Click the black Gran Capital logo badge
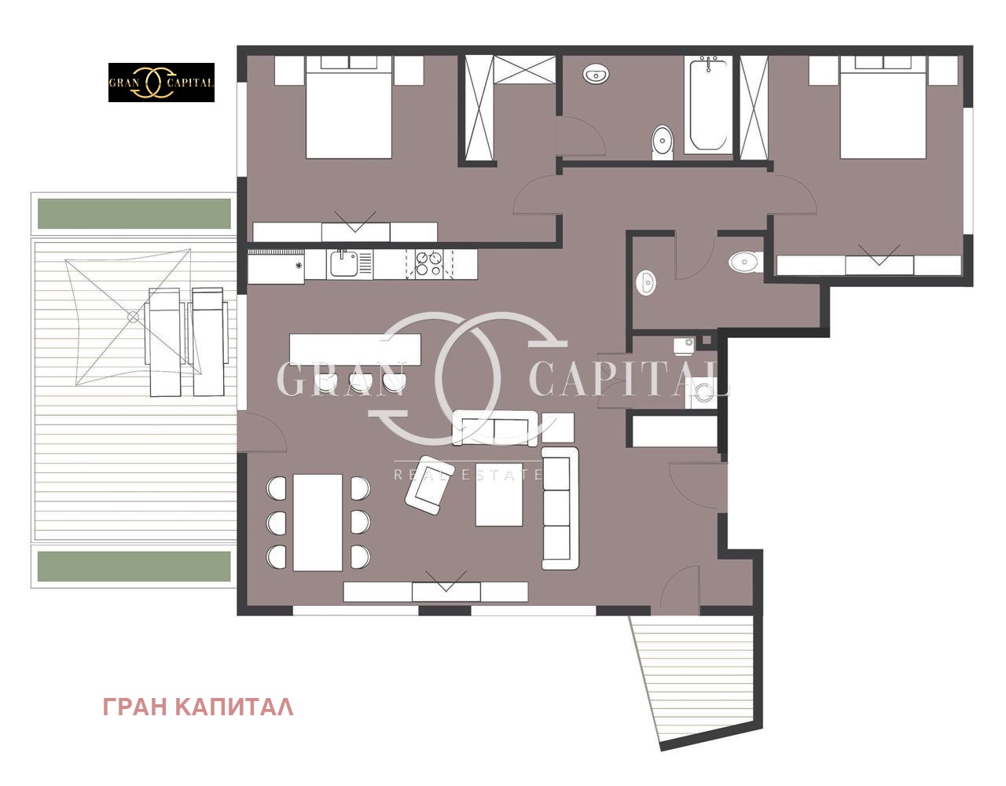click(161, 83)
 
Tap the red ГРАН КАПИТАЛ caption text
click(198, 707)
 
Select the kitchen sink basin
click(343, 264)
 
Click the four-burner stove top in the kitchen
click(428, 264)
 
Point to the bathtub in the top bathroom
click(707, 105)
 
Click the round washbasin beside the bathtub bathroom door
click(596, 74)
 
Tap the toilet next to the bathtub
click(663, 142)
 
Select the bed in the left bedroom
click(349, 107)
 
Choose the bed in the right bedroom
click(883, 107)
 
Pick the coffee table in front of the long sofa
click(499, 494)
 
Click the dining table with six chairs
click(318, 523)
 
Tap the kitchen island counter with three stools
click(354, 350)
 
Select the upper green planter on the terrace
click(134, 213)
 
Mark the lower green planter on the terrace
click(134, 566)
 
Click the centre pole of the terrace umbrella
click(133, 317)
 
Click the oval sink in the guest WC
click(646, 282)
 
